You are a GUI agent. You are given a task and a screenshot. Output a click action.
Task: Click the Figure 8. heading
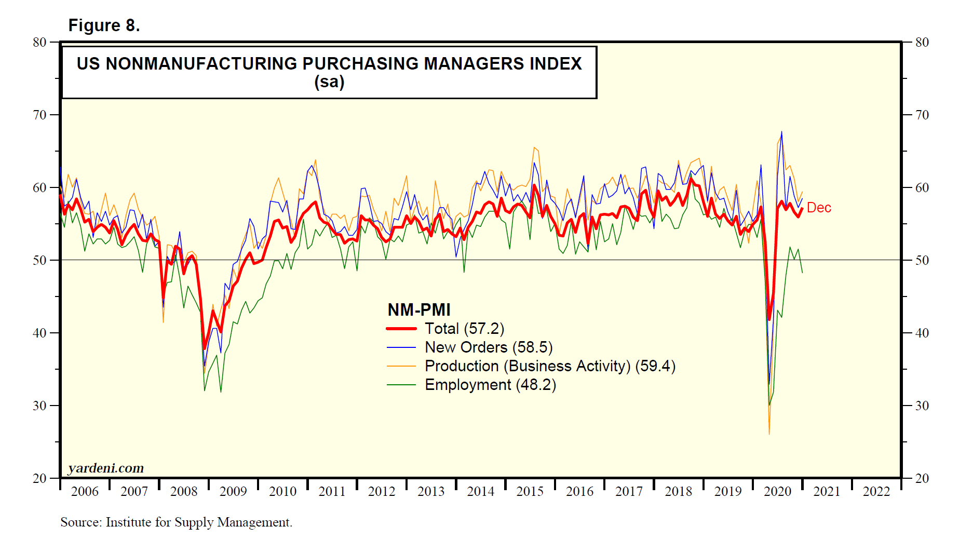click(104, 25)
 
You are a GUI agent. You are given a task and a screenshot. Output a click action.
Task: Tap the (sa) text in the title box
click(329, 82)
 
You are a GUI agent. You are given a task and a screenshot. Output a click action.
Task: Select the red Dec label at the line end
click(819, 208)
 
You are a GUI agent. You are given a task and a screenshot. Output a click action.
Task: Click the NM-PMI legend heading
click(419, 309)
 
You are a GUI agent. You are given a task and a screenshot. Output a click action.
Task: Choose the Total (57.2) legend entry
click(464, 329)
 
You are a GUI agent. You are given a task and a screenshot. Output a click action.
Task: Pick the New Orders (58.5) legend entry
click(488, 347)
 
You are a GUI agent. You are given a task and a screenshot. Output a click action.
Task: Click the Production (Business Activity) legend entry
click(549, 366)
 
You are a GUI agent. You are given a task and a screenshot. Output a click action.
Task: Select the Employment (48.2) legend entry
click(490, 385)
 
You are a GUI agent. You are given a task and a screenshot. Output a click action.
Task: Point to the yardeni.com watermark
click(106, 468)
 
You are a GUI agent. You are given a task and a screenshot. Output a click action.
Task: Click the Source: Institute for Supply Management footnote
click(176, 522)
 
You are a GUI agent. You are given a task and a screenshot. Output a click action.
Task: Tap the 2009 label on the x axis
click(233, 491)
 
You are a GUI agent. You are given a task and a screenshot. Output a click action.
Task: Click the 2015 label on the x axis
click(530, 491)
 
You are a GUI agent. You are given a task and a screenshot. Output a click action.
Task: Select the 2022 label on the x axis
click(876, 491)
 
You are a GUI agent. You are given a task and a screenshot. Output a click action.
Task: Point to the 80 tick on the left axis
click(39, 43)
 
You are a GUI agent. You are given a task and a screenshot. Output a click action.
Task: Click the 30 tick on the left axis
click(39, 406)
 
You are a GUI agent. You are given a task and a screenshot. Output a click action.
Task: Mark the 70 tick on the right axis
click(922, 115)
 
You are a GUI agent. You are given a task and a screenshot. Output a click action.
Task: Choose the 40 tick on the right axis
click(922, 333)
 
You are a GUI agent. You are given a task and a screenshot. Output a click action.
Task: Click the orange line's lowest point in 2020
click(769, 434)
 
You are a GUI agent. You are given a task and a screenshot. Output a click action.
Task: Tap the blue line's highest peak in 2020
click(781, 132)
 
